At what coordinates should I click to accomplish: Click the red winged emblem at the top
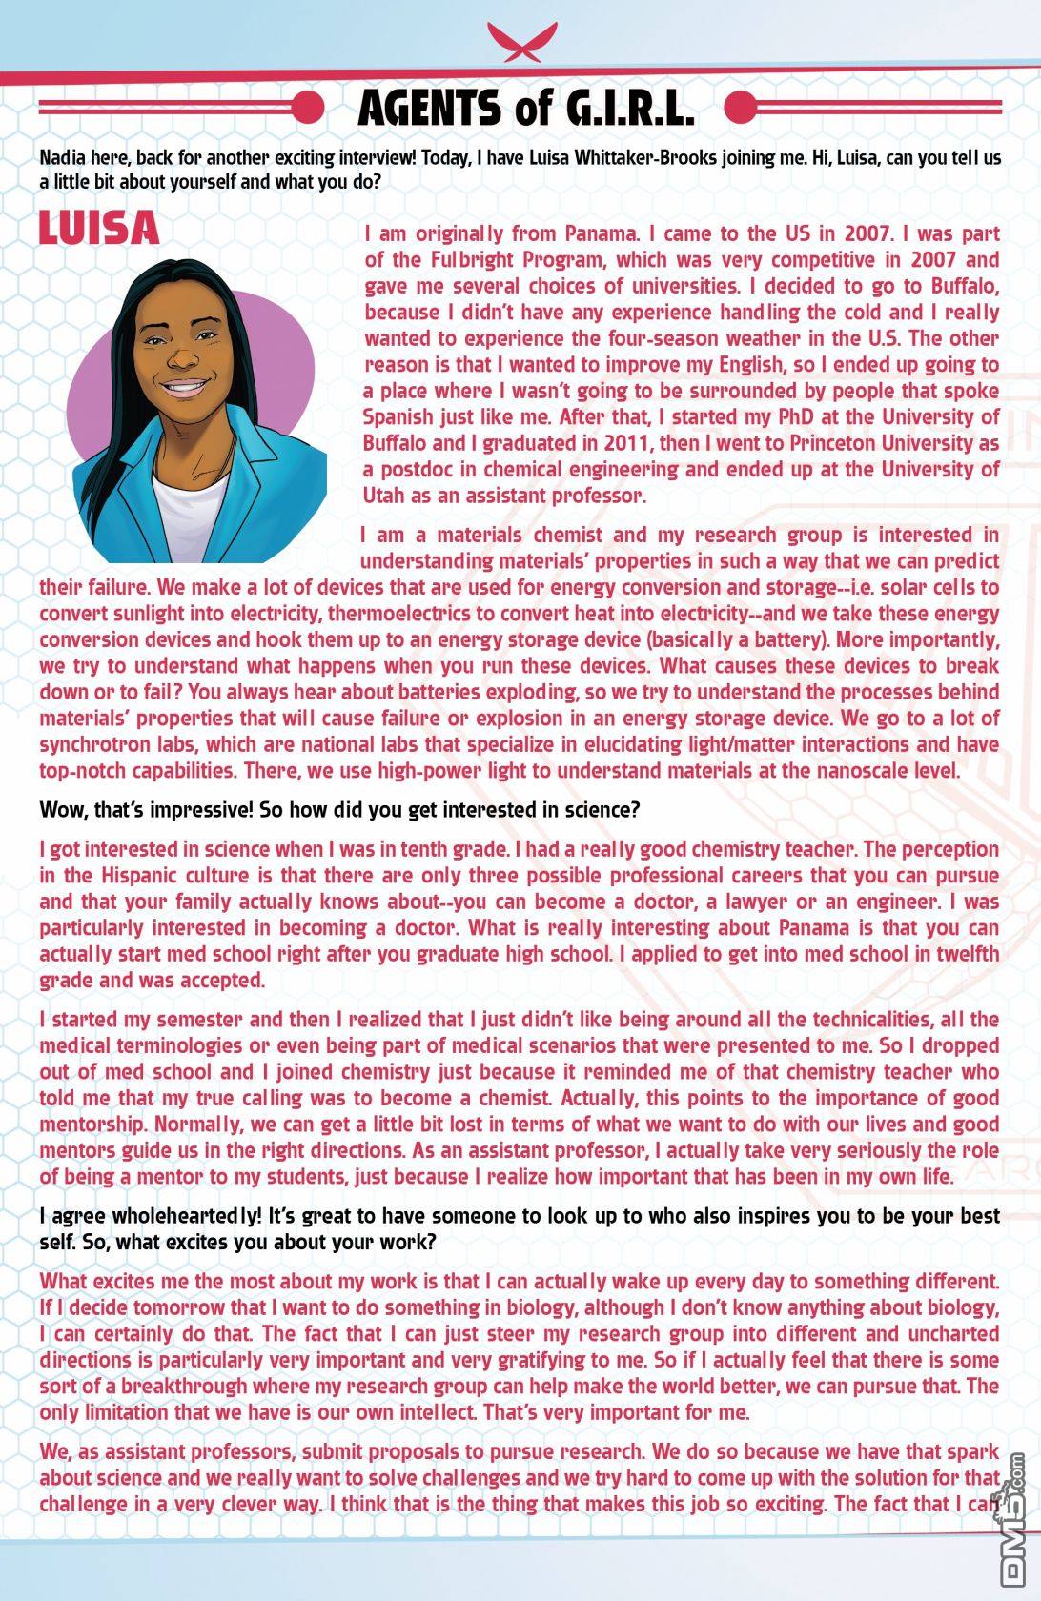click(520, 40)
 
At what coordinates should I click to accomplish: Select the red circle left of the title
click(308, 108)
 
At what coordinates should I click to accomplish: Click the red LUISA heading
click(99, 228)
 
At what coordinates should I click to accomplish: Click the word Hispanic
click(140, 875)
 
